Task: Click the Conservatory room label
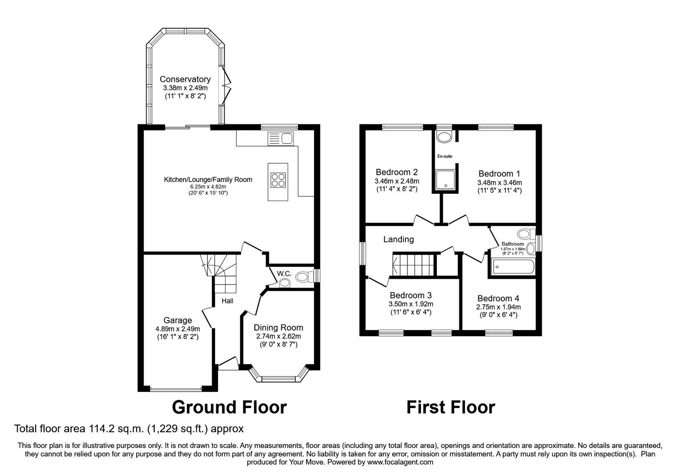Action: tap(185, 79)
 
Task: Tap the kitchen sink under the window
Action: tap(280, 138)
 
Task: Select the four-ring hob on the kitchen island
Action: tap(278, 181)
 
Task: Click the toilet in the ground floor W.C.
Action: tap(303, 277)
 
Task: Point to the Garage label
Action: tap(178, 320)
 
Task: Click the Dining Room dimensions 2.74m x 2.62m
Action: tap(278, 336)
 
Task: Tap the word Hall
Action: tap(227, 301)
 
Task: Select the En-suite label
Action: tap(445, 156)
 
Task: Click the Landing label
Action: tap(398, 239)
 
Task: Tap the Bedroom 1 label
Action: tap(499, 173)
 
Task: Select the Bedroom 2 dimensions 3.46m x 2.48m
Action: tap(397, 181)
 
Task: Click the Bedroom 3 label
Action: tap(411, 295)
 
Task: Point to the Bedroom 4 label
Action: tap(498, 298)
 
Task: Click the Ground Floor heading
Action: tap(229, 407)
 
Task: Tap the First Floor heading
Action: tap(450, 407)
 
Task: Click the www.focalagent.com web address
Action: tap(400, 462)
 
